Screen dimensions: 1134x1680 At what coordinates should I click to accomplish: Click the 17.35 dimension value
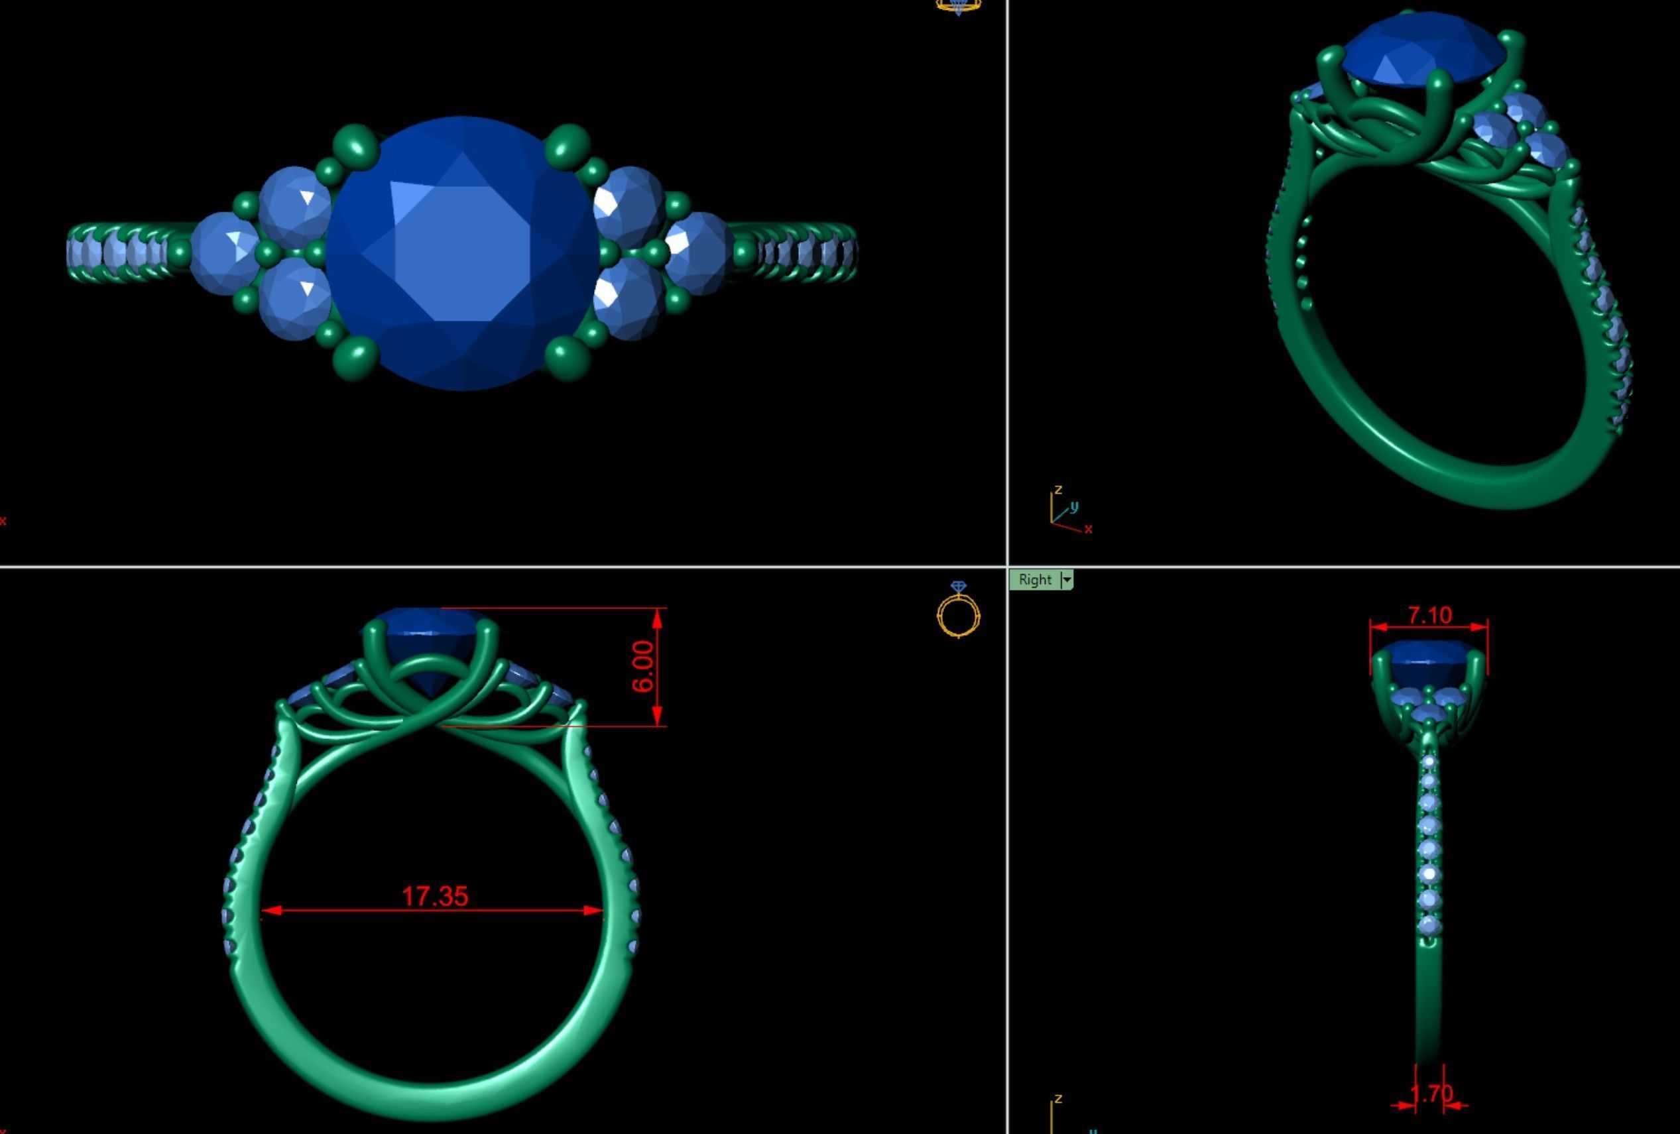[434, 896]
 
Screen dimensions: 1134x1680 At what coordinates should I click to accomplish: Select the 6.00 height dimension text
[642, 665]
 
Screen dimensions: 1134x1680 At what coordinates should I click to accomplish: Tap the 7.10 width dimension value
[1429, 615]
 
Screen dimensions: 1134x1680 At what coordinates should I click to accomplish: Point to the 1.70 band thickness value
[1431, 1094]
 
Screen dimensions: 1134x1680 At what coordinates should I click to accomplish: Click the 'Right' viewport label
[1034, 580]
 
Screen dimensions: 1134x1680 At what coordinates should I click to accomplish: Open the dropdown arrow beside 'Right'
[1067, 580]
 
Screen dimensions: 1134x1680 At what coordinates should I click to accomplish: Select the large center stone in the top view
[463, 253]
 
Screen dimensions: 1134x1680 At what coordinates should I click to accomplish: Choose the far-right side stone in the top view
[697, 251]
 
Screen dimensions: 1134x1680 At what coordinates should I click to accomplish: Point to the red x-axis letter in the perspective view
[1089, 530]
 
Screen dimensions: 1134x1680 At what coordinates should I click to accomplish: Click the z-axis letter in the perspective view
[1058, 489]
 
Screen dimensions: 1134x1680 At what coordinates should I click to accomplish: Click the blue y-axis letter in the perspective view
[1074, 506]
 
